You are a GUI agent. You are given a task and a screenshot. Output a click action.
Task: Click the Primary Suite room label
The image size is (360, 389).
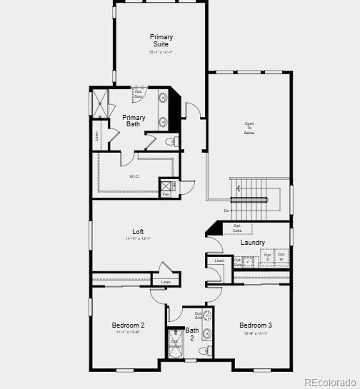[x=161, y=40]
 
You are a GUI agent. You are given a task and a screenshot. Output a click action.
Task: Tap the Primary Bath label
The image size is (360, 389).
[x=134, y=121]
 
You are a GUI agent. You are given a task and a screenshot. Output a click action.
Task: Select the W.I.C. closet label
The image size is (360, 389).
[x=134, y=176]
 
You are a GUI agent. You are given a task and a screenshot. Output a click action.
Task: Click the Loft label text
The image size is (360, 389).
[x=138, y=231]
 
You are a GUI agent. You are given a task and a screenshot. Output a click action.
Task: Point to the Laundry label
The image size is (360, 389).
[x=253, y=243]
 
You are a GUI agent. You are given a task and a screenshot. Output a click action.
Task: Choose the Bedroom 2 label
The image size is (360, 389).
[x=128, y=325]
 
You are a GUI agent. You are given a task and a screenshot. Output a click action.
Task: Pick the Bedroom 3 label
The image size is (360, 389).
[x=255, y=325]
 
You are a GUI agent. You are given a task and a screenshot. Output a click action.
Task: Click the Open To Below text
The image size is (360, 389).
[x=249, y=128]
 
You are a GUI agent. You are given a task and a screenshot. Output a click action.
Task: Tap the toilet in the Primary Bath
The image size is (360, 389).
[x=172, y=142]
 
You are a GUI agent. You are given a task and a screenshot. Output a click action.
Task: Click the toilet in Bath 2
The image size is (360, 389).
[x=205, y=351]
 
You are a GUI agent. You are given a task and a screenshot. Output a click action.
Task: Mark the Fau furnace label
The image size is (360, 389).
[x=166, y=194]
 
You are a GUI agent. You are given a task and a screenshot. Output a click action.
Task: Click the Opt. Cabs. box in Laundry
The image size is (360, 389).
[x=237, y=228]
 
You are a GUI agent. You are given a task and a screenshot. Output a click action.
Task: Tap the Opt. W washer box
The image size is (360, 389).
[x=282, y=257]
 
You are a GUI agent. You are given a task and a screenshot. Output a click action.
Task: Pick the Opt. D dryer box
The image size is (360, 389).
[x=267, y=257]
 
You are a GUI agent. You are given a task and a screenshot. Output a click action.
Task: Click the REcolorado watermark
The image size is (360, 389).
[x=331, y=382]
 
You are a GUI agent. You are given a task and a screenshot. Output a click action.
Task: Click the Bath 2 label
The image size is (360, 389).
[x=192, y=334]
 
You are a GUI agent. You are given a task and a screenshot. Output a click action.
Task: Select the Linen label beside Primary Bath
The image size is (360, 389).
[x=97, y=134]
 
